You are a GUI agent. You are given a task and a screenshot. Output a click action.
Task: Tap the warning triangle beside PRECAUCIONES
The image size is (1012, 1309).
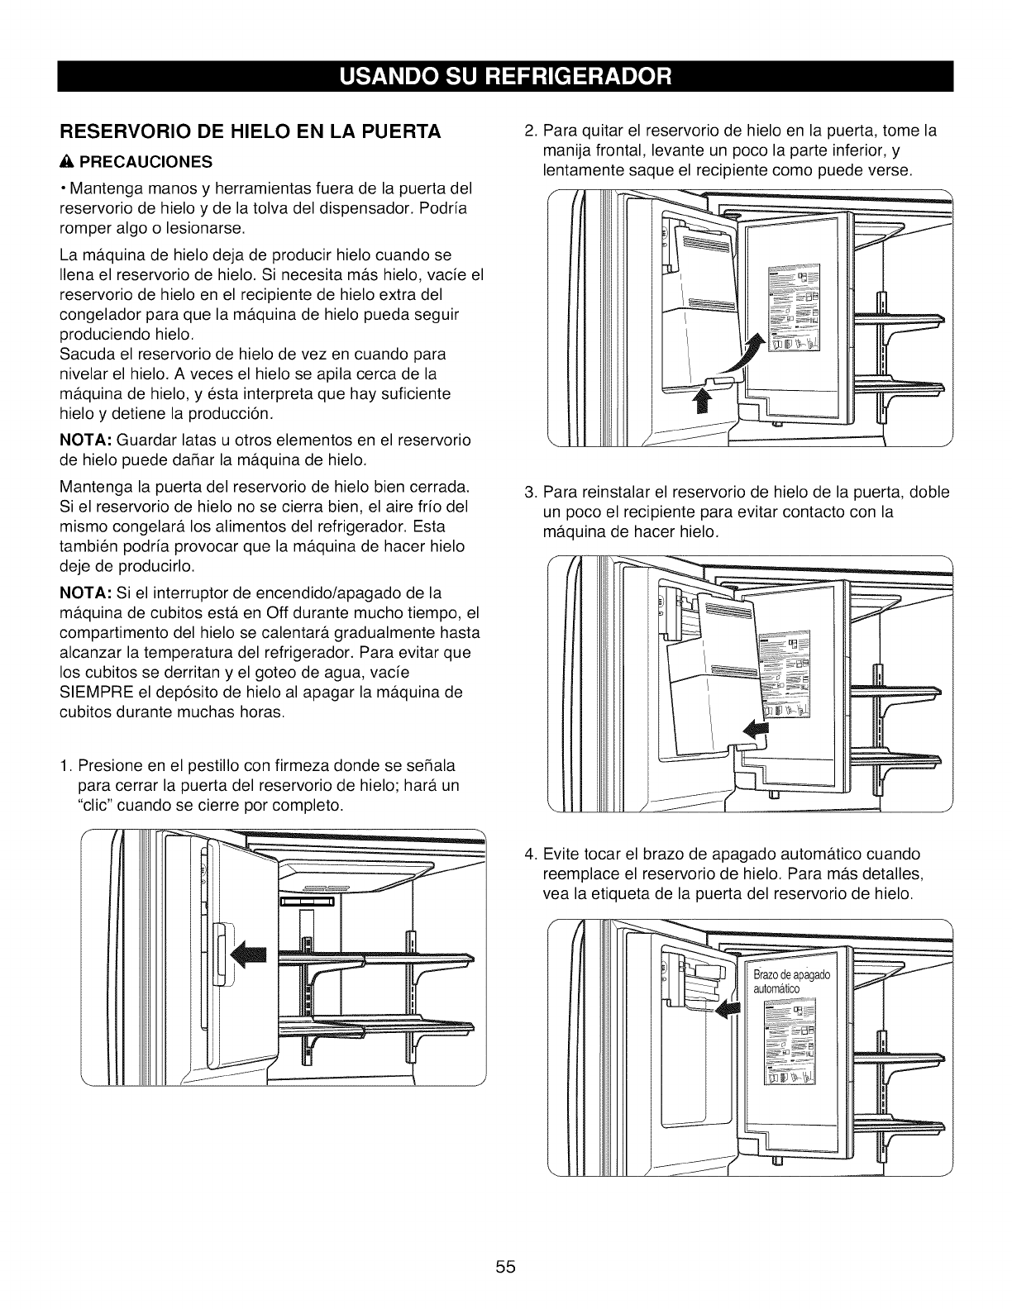point(64,160)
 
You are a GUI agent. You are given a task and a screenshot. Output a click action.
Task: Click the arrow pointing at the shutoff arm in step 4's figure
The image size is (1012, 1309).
point(728,1007)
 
